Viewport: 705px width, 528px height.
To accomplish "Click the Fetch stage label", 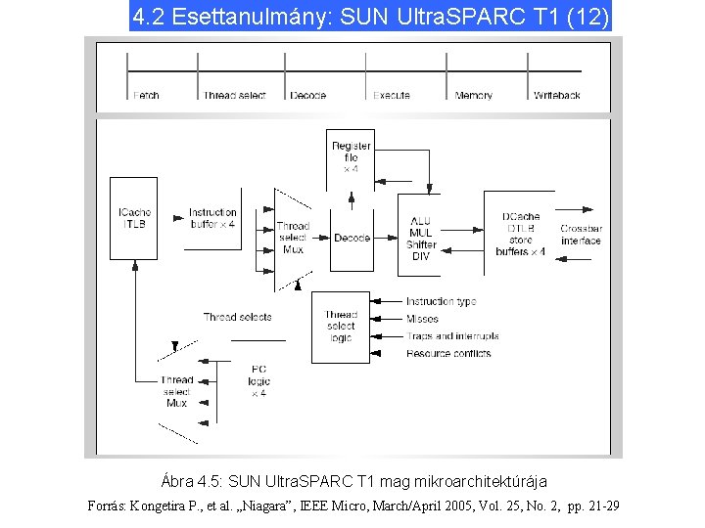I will tap(145, 95).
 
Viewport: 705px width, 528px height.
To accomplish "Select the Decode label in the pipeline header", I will tap(308, 95).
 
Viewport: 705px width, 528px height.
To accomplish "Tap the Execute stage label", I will tap(391, 95).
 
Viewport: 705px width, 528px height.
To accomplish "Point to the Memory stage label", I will tap(474, 95).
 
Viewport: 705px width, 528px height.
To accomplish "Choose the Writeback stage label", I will tap(556, 95).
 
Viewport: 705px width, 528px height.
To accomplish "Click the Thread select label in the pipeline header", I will tap(234, 95).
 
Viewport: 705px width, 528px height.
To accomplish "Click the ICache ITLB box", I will tap(133, 217).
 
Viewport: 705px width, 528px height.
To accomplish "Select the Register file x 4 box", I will tap(351, 156).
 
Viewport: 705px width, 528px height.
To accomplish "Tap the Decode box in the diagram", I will tap(352, 238).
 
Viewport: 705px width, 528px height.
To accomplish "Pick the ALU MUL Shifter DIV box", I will tap(421, 238).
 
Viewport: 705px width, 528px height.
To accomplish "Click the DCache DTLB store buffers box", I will tap(519, 234).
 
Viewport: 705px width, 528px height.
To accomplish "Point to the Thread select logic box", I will tap(341, 326).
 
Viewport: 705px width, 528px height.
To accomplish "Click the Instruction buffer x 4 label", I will tap(212, 218).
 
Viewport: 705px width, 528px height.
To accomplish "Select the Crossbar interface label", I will tap(581, 235).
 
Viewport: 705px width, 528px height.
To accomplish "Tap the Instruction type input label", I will tap(441, 302).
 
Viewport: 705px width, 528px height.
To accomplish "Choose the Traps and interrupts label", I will tap(451, 335).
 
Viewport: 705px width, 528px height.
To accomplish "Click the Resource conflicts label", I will tap(448, 353).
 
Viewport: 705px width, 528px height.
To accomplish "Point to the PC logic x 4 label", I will tap(258, 381).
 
